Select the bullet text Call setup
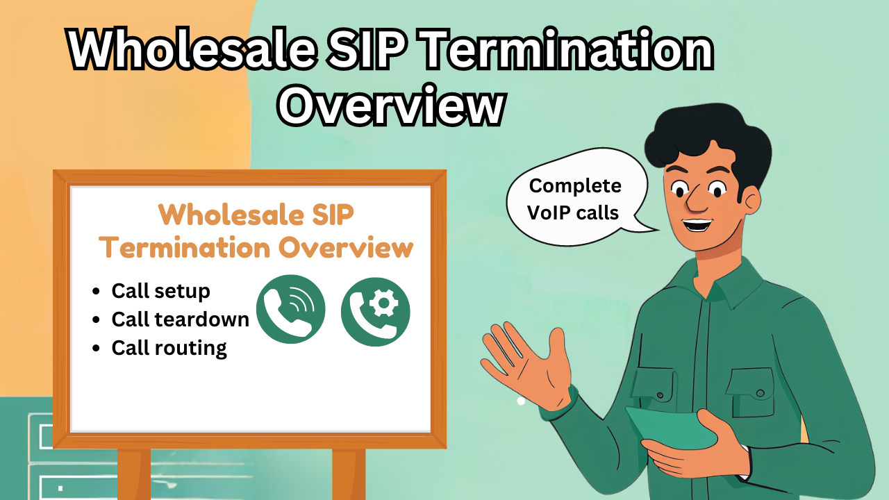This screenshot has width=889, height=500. point(160,290)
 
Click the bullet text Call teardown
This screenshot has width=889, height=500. point(180,319)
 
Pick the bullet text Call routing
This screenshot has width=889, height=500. point(169,347)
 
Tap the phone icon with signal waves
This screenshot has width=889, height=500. point(290,310)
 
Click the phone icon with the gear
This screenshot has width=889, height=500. point(376,312)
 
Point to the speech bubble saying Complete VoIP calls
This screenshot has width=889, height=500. point(576,200)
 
